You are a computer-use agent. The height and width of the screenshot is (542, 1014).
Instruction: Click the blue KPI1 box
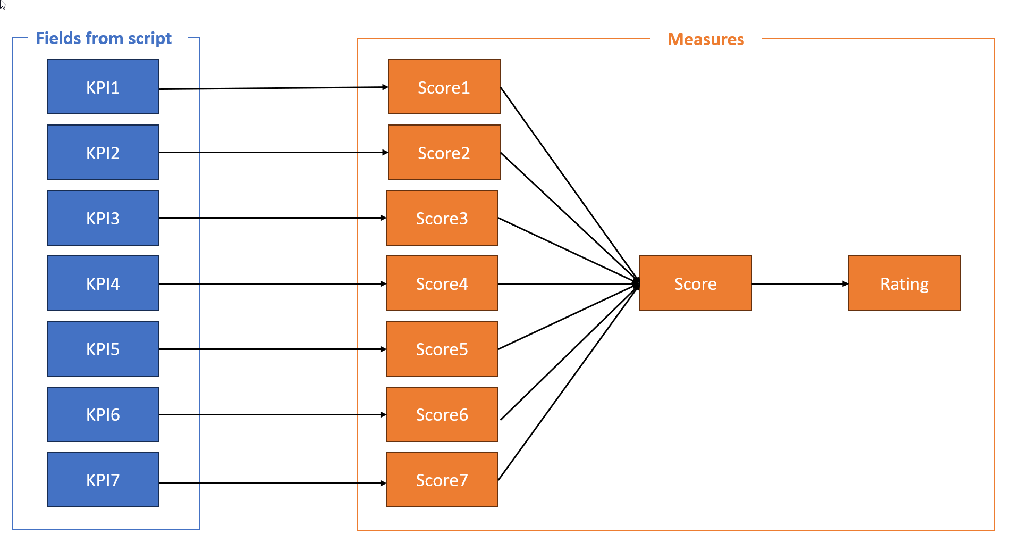[x=103, y=87]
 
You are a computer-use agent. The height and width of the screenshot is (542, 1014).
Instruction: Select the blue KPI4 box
[x=103, y=283]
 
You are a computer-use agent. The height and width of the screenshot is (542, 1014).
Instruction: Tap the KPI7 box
[x=103, y=479]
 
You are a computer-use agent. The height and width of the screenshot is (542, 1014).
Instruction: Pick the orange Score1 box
[x=444, y=87]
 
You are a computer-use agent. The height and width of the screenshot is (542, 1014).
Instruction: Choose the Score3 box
[x=442, y=218]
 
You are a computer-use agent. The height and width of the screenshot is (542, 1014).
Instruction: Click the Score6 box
[x=442, y=414]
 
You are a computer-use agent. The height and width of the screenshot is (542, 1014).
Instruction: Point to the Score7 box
[x=442, y=479]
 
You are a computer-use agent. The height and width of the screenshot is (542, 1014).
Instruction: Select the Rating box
[x=904, y=283]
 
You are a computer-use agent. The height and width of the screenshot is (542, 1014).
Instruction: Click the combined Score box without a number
[x=695, y=283]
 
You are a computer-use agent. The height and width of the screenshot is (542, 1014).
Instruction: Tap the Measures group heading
[x=705, y=39]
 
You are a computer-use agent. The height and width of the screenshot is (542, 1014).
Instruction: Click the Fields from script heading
[x=104, y=38]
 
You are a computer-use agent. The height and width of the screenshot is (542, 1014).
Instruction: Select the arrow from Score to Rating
[x=800, y=283]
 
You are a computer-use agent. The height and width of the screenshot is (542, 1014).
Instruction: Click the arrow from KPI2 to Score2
[x=274, y=152]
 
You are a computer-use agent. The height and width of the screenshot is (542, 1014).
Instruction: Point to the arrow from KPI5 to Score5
[x=274, y=349]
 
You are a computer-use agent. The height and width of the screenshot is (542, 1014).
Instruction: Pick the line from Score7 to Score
[x=568, y=382]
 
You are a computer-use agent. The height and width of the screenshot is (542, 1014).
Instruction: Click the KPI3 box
[x=103, y=218]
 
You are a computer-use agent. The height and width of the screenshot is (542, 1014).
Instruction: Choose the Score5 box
[x=442, y=348]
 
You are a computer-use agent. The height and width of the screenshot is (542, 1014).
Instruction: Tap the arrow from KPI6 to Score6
[x=274, y=414]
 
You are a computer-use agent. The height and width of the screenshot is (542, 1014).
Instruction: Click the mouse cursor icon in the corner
[x=3, y=5]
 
